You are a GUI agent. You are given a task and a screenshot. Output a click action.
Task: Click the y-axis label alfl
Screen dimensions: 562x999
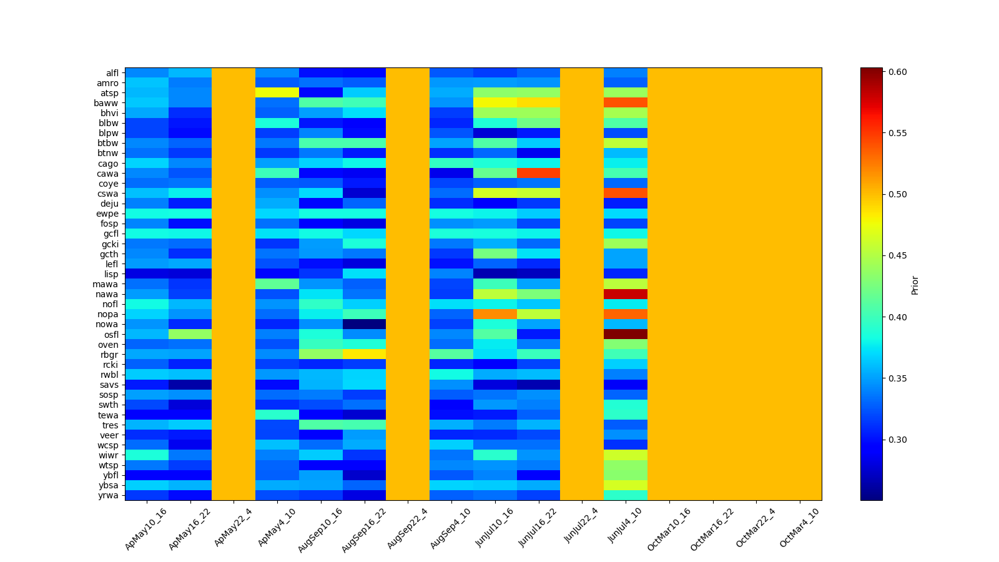tap(112, 73)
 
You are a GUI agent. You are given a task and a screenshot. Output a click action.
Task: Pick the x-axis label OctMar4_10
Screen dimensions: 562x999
tap(799, 528)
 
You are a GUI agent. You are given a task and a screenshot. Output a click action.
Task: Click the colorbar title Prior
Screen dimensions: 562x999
tap(915, 284)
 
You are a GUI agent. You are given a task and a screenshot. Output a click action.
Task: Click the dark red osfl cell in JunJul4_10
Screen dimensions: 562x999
tap(626, 334)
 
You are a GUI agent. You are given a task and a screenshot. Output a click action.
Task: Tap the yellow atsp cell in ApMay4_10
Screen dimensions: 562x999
tap(277, 92)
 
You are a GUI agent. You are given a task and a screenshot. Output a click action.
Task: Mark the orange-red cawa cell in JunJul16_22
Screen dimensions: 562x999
tap(538, 173)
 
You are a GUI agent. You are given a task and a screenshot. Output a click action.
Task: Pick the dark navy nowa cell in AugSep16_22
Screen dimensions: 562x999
tap(364, 324)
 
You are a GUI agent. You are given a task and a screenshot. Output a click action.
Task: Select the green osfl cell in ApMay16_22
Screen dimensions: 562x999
tap(190, 334)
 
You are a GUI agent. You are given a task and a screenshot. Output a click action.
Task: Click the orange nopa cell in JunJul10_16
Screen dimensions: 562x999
tap(495, 314)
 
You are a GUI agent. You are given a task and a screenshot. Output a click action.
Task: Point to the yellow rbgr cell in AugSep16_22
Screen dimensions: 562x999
tap(364, 355)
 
